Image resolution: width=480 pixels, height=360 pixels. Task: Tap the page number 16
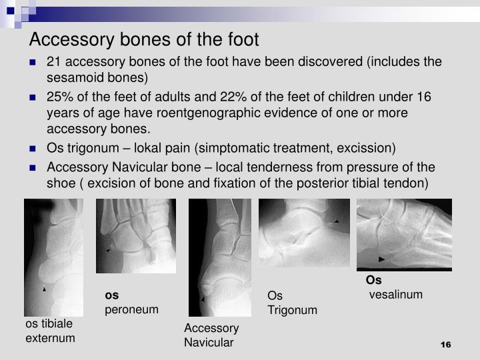[x=446, y=344]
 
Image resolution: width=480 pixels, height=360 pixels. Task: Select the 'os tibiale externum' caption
[x=51, y=331]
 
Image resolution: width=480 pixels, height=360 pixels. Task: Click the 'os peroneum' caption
[x=131, y=303]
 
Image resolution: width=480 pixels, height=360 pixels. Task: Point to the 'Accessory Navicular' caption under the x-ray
[x=211, y=335]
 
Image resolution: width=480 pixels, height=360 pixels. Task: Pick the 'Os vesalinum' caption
[x=393, y=287]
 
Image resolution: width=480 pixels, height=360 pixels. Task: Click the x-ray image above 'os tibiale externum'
[x=53, y=257]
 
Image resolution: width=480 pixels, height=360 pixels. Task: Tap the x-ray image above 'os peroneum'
[x=135, y=236]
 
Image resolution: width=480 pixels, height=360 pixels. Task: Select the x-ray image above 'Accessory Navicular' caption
[x=210, y=257]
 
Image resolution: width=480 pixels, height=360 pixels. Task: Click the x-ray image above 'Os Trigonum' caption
[x=304, y=233]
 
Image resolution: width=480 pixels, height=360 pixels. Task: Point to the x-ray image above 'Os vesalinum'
[x=403, y=234]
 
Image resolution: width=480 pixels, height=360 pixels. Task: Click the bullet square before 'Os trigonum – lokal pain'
[x=33, y=148]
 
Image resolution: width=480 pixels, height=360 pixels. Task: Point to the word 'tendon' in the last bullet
[x=412, y=182]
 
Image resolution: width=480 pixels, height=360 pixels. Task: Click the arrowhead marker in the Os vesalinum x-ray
[x=381, y=258]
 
